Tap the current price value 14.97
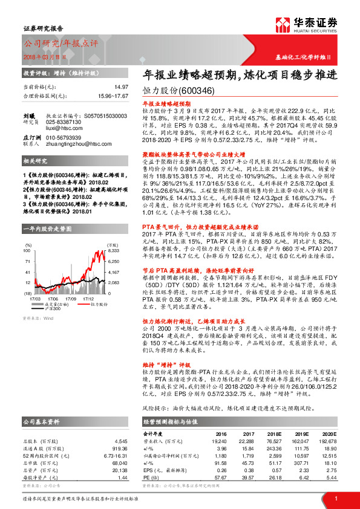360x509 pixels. point(120,88)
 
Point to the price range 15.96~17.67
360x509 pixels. point(113,96)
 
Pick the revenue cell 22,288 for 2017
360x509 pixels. point(247,443)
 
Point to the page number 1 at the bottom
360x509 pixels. point(335,498)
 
